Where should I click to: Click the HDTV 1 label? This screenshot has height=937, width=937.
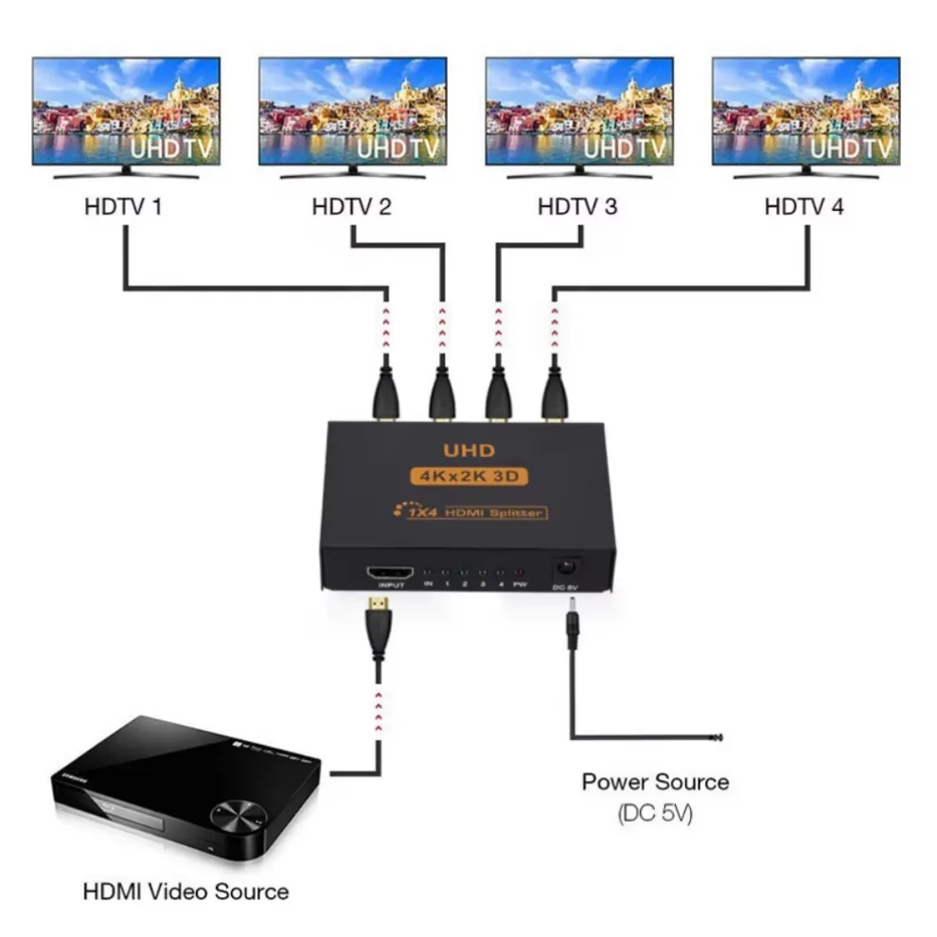click(x=123, y=205)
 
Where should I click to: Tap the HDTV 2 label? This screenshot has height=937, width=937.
click(x=351, y=205)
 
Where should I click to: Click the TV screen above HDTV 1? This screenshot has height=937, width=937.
click(x=126, y=110)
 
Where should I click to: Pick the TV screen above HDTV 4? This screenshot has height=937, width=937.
click(x=805, y=110)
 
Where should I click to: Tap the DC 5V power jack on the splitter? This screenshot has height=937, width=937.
click(x=566, y=568)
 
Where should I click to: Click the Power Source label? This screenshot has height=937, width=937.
click(x=655, y=782)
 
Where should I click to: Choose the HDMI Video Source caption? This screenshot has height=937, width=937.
click(x=186, y=891)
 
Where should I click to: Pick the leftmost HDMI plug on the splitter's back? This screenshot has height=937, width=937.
click(x=384, y=393)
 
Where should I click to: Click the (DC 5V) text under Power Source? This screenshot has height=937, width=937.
click(x=654, y=812)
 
